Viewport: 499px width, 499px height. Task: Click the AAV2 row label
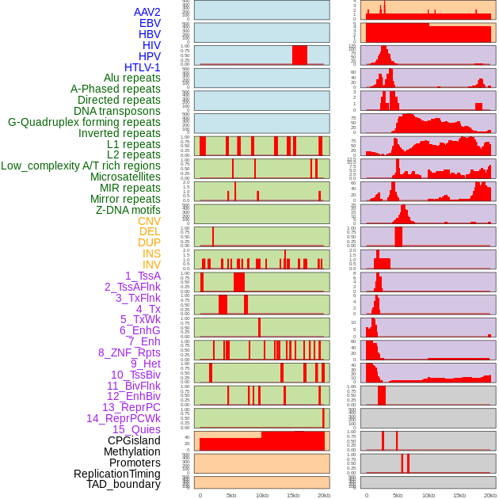[x=147, y=12]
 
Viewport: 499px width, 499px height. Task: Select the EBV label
[x=150, y=23]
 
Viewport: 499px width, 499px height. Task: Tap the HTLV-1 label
[x=143, y=67]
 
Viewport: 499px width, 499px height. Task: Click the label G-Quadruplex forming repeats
[x=84, y=122]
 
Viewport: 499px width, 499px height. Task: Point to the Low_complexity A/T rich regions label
[x=81, y=166]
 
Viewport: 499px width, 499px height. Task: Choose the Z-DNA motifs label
[x=128, y=210]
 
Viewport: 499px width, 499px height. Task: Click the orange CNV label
[x=149, y=221]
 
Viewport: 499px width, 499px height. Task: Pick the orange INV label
[x=151, y=265]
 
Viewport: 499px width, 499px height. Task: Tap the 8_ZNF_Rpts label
[x=129, y=352]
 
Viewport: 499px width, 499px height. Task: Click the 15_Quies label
[x=136, y=429]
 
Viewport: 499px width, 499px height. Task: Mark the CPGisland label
[x=134, y=440]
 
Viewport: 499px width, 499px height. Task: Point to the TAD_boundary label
[x=124, y=484]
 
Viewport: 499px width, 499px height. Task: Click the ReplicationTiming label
[x=117, y=474]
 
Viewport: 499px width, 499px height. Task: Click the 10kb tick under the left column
[x=261, y=495]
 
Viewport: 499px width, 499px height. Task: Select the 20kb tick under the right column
[x=490, y=495]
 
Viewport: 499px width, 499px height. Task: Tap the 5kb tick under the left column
[x=231, y=495]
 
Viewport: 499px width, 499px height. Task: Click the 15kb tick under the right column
[x=459, y=495]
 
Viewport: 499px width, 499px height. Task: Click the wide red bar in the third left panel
[x=299, y=55]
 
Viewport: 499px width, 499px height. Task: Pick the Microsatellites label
[x=125, y=177]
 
